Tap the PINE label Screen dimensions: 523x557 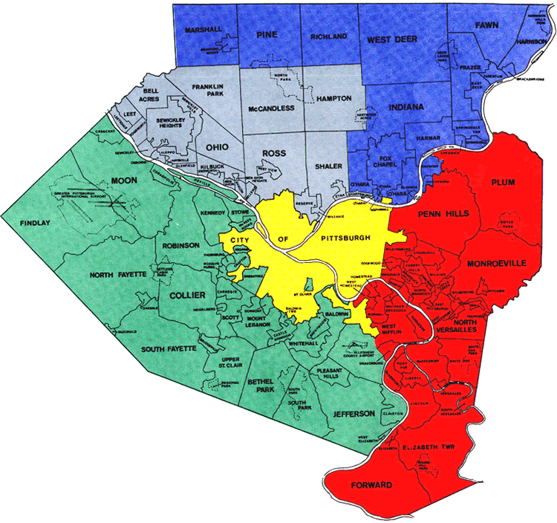[x=266, y=35]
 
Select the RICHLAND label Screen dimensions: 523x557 [x=329, y=36]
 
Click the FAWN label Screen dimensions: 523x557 [x=484, y=25]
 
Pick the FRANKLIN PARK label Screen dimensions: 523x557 [x=208, y=91]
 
